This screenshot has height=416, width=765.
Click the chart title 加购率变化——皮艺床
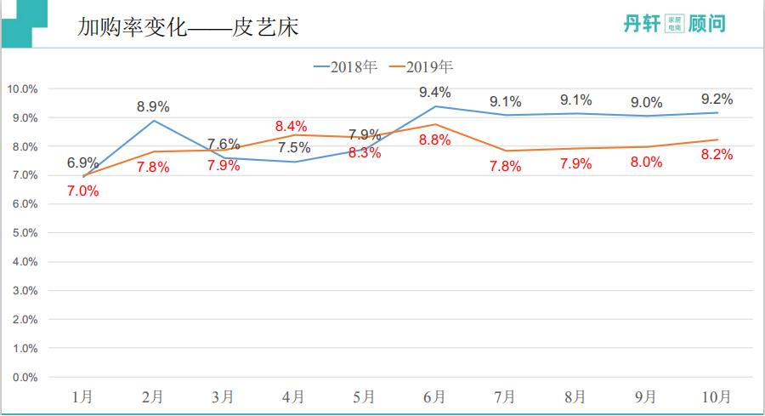click(188, 27)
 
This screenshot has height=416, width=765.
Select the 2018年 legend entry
click(345, 66)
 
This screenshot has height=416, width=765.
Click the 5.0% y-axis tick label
click(25, 233)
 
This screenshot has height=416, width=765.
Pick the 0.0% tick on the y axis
click(25, 377)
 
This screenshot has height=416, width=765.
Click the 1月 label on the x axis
click(83, 396)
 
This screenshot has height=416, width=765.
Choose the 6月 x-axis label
click(434, 396)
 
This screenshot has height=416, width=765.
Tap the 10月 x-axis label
click(716, 396)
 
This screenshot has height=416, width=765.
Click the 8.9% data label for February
click(153, 106)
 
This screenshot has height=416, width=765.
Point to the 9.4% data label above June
click(434, 92)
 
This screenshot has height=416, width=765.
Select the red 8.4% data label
click(292, 126)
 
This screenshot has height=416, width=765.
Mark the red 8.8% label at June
click(434, 140)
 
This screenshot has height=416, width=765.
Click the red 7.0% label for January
click(83, 191)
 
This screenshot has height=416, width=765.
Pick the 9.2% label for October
click(716, 99)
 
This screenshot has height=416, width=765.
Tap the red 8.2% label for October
click(716, 154)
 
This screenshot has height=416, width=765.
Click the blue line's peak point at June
click(435, 106)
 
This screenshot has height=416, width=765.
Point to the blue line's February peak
click(153, 120)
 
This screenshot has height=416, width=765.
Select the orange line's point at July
click(505, 151)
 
